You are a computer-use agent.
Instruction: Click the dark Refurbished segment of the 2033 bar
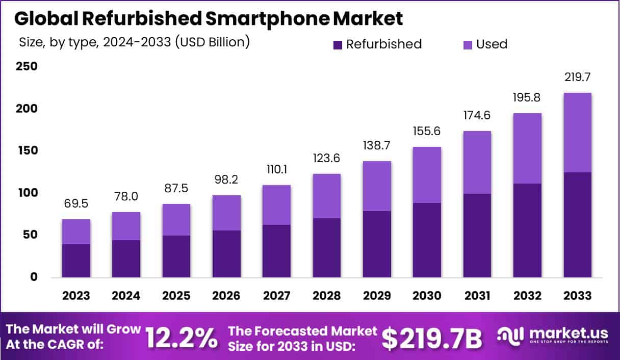(x=577, y=225)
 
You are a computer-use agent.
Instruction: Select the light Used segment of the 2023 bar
(x=76, y=232)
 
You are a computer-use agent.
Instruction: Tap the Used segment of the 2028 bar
(x=327, y=196)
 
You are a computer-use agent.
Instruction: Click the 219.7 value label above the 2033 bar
(x=577, y=78)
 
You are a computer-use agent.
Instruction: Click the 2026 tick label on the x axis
(x=226, y=296)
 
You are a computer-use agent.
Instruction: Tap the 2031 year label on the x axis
(x=477, y=296)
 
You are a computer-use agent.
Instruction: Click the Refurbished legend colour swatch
(x=338, y=45)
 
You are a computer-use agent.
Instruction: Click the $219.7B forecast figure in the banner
(x=432, y=338)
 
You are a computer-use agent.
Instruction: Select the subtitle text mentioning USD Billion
(x=134, y=42)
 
